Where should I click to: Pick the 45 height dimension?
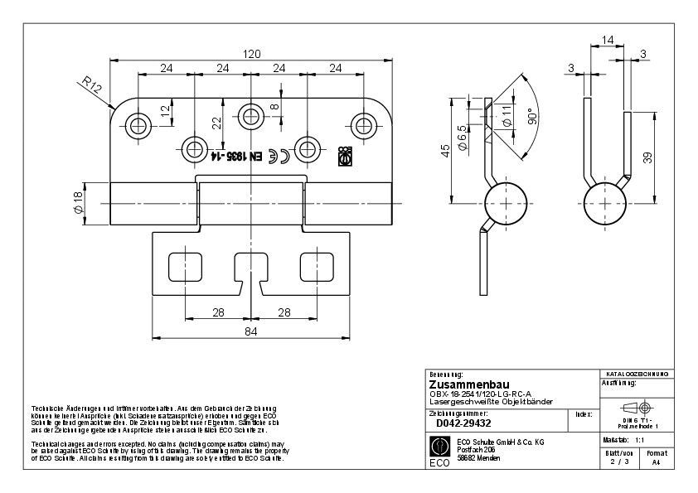click(446, 150)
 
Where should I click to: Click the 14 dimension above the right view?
click(608, 39)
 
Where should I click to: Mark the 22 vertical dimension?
click(216, 122)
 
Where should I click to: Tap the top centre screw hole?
click(250, 114)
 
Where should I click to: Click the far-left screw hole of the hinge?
click(138, 126)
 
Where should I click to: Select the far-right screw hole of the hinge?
click(363, 126)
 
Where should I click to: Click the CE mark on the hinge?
click(283, 154)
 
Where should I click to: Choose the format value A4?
click(656, 463)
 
